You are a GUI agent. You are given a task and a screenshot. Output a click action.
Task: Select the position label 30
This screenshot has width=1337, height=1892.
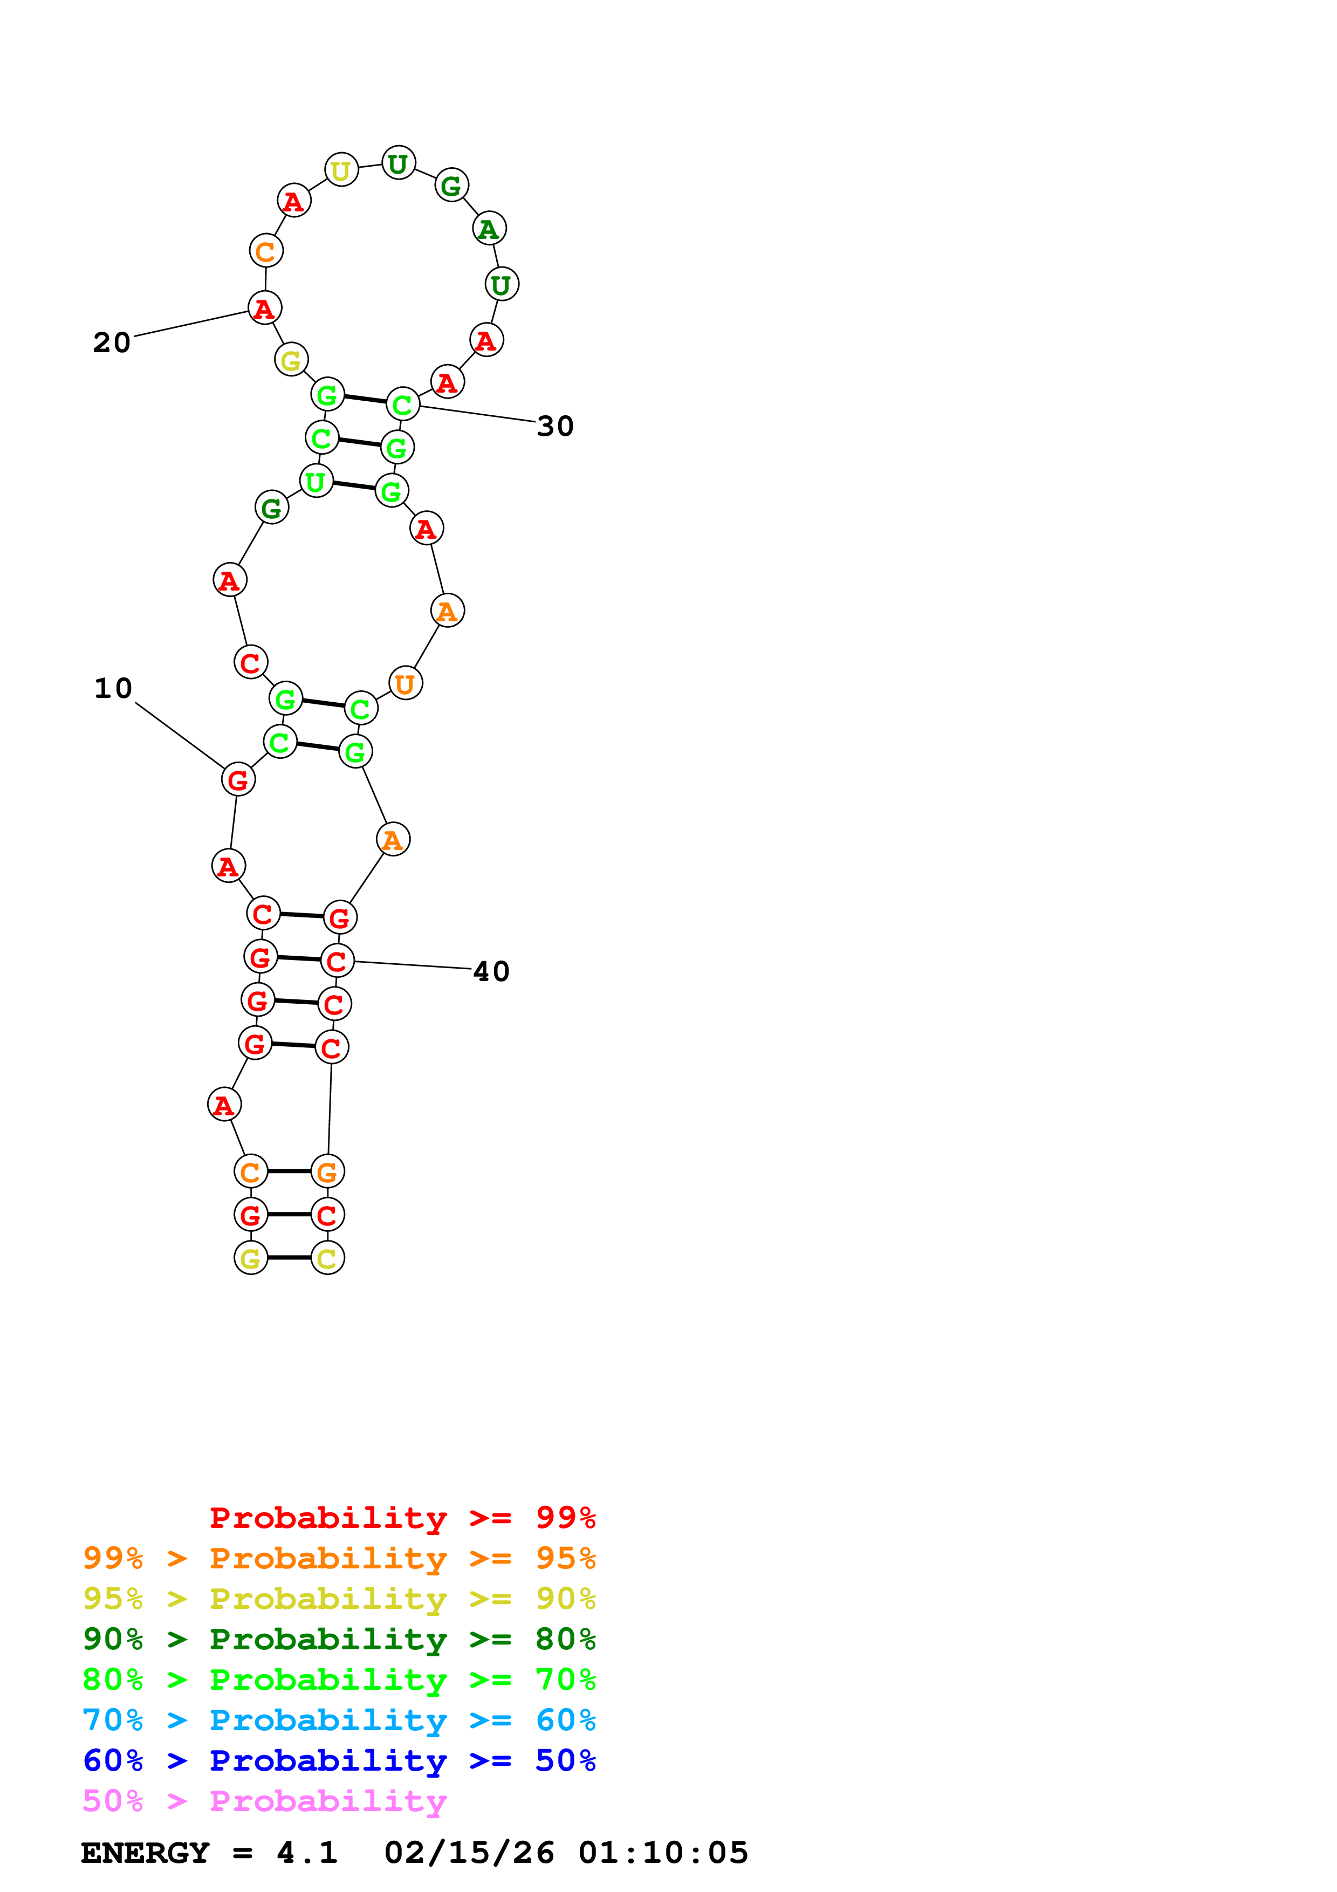tap(554, 426)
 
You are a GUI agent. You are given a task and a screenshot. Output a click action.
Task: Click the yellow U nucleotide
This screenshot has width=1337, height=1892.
tap(341, 170)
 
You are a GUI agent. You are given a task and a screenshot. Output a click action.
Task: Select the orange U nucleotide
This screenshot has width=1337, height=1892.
tap(405, 683)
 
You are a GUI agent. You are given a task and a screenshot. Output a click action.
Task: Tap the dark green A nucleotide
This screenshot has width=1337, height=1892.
tap(489, 229)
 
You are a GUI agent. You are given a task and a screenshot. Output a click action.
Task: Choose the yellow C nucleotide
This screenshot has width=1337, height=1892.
tap(327, 1258)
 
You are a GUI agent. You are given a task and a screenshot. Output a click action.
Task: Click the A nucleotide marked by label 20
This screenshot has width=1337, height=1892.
tap(264, 308)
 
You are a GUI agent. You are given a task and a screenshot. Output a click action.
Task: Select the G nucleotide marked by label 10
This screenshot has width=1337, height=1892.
tap(238, 779)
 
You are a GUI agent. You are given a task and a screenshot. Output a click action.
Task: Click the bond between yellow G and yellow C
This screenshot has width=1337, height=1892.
tap(289, 1258)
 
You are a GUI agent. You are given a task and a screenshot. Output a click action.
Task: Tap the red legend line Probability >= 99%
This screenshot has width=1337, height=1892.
tap(402, 1517)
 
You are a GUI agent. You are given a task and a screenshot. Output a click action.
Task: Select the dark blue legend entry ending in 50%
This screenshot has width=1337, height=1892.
tap(339, 1760)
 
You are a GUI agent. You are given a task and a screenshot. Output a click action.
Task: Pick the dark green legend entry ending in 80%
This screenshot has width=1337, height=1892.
tap(339, 1639)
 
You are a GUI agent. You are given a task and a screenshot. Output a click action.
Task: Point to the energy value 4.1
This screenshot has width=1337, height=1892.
tap(306, 1853)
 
